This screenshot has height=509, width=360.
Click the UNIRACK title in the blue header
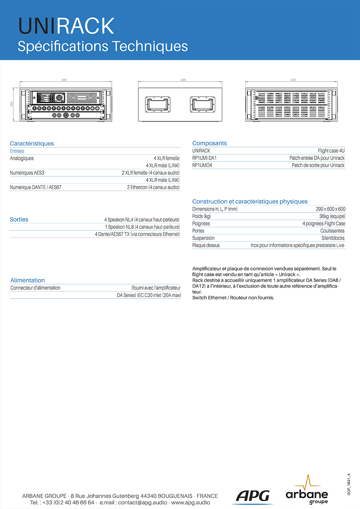[x=66, y=26]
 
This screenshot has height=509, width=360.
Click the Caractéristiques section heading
[x=32, y=143]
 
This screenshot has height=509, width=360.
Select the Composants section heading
[x=210, y=143]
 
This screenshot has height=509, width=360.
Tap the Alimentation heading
[x=28, y=280]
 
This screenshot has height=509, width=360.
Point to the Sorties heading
[x=19, y=219]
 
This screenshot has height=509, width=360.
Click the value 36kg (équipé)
[x=332, y=216]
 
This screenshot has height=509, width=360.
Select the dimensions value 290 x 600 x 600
[x=330, y=209]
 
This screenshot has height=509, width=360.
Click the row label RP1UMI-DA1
[x=204, y=158]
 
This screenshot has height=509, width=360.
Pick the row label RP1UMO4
[x=202, y=165]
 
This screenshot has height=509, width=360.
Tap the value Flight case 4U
[x=331, y=150]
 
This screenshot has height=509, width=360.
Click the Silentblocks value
[x=333, y=238]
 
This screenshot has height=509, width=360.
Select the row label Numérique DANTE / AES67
[x=36, y=187]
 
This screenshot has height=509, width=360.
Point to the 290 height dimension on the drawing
[x=12, y=104]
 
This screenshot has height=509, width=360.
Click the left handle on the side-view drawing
[x=158, y=104]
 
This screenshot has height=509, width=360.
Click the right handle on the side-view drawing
[x=203, y=104]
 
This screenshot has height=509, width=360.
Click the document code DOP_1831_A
[x=349, y=484]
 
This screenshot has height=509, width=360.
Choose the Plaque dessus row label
[x=206, y=245]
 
